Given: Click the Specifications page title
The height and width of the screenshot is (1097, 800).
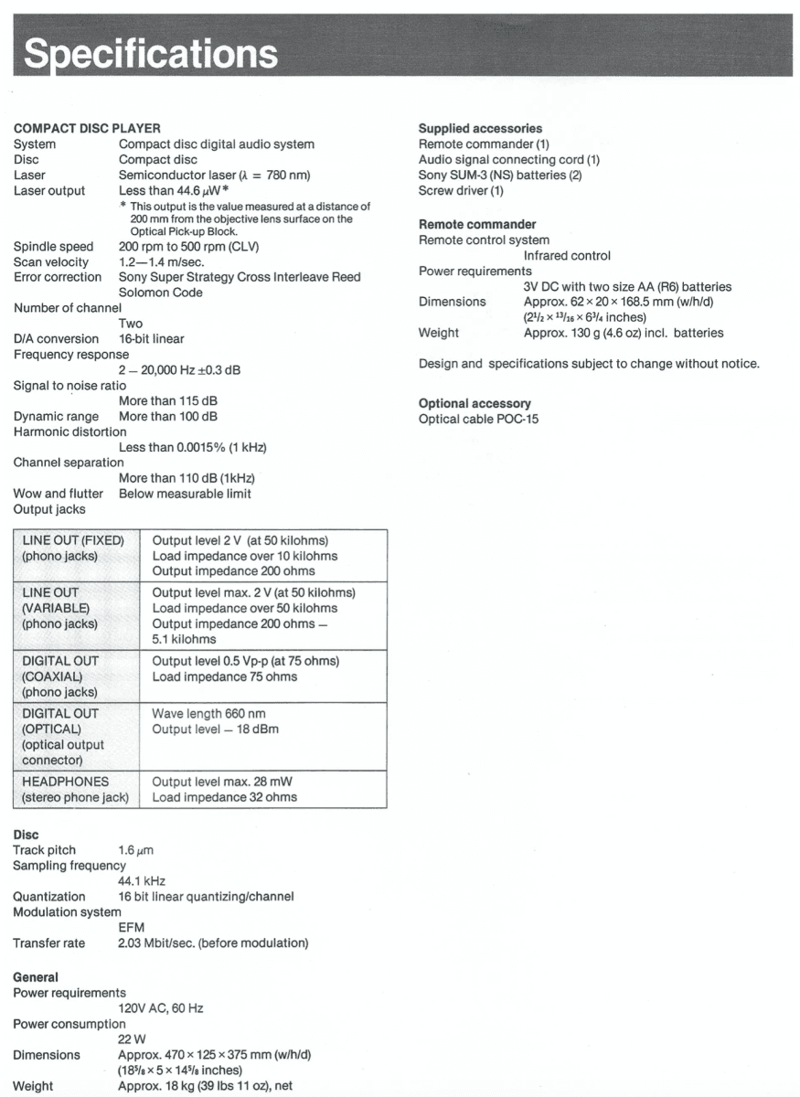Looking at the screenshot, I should coord(151,53).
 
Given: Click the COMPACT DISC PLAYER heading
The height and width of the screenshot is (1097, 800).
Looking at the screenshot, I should coord(87,128).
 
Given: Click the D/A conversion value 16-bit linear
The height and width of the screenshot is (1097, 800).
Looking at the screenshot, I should coord(151,338).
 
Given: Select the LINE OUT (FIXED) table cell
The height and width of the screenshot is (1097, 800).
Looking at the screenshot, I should coord(73,548).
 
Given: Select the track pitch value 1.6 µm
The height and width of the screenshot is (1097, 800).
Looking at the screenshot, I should coord(138,850).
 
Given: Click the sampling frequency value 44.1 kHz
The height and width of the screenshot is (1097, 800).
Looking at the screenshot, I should coord(142,881).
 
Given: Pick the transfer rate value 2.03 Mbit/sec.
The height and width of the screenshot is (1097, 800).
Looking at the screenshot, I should coord(213,943).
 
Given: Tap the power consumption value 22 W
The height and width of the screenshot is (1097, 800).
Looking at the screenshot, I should coord(132,1039).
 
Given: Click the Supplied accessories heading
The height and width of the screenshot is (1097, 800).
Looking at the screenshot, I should coord(480,128).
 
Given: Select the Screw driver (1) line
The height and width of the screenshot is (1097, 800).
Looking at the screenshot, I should coord(461,190).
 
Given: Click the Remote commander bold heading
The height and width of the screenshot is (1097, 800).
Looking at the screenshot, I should coord(477,224).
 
